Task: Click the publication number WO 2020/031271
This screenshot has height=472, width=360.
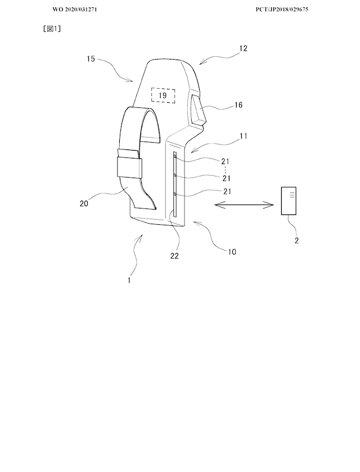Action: [x=75, y=10]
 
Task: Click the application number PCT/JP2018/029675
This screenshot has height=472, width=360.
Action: [x=282, y=10]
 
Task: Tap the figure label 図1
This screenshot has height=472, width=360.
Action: [x=52, y=29]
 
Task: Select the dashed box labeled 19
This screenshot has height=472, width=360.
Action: [x=163, y=96]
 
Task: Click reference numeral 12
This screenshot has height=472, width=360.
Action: [x=243, y=48]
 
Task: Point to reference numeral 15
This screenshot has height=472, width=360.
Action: [x=91, y=58]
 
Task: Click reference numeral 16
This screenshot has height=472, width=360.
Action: [x=238, y=105]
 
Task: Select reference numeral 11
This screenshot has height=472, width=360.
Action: [x=244, y=136]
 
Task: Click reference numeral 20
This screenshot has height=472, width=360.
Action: [x=84, y=203]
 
